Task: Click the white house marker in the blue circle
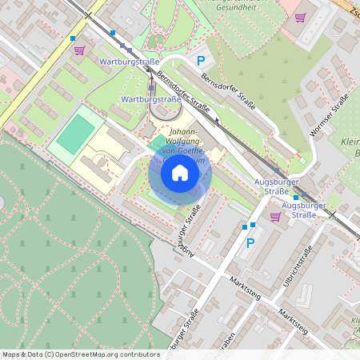point(180,172)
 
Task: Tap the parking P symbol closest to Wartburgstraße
point(202,60)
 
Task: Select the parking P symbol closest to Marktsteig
point(250,242)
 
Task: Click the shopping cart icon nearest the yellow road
point(79,50)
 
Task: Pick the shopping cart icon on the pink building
point(300,17)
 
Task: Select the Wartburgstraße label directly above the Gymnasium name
point(150,99)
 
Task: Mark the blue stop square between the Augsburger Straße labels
point(295,197)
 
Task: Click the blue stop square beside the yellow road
point(74,38)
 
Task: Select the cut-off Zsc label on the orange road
point(351,9)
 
